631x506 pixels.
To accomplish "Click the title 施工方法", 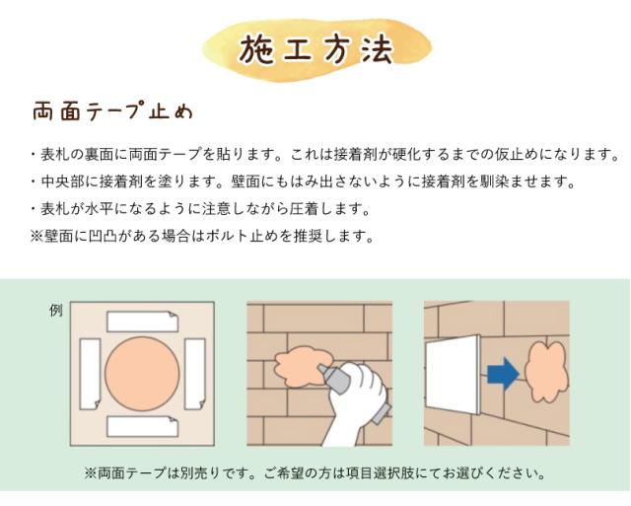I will pos(315,47).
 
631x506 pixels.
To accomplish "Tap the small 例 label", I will pos(55,311).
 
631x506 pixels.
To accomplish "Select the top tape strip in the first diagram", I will pos(140,321).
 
